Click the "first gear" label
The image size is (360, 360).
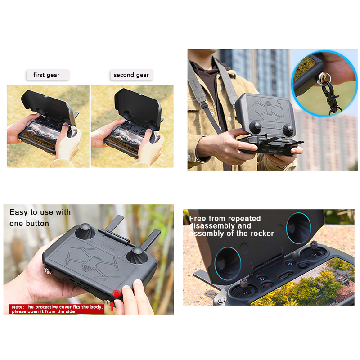(46, 75)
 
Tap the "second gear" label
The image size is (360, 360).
(131, 75)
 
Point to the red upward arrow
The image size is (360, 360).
(112, 306)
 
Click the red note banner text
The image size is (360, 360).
(57, 309)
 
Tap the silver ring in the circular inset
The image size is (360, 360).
(324, 77)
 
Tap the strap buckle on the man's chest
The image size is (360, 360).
(204, 105)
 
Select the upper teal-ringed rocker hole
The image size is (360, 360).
(298, 228)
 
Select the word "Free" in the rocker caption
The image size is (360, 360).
(198, 219)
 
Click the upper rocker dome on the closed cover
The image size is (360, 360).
(85, 231)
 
